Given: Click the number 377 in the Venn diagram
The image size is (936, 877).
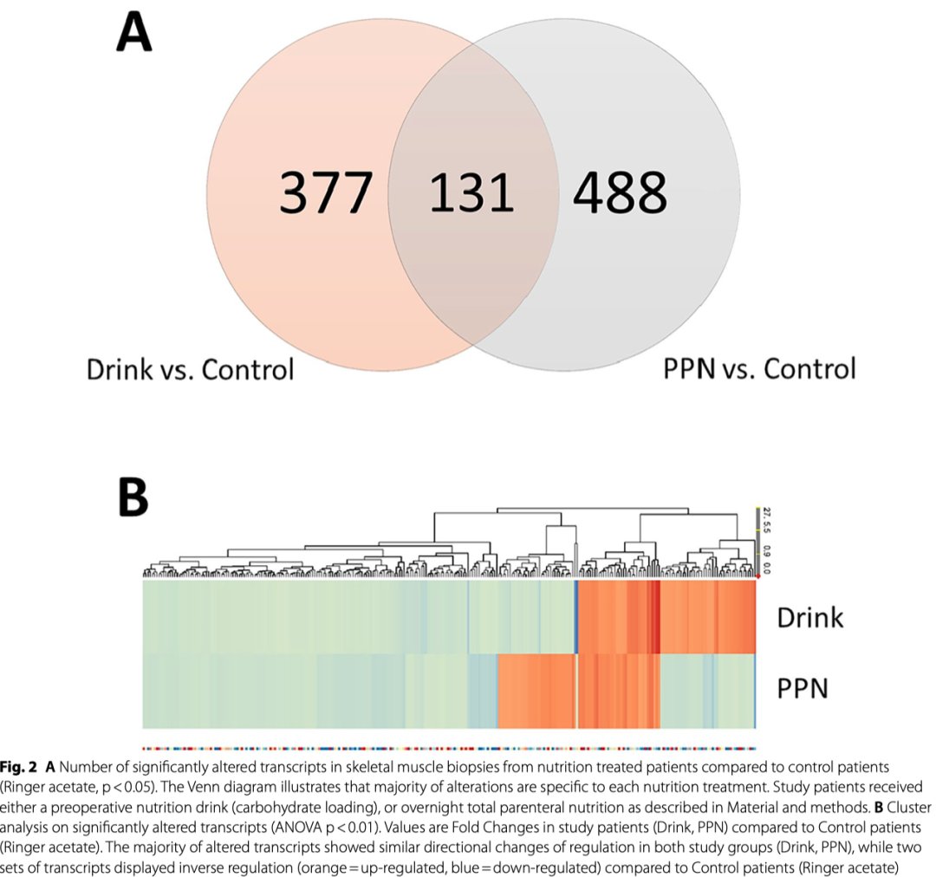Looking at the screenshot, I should [x=326, y=192].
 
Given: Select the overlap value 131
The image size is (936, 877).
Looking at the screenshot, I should [x=472, y=192].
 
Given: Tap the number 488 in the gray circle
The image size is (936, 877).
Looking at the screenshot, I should [x=621, y=192].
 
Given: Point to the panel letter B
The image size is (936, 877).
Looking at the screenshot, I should [x=133, y=495].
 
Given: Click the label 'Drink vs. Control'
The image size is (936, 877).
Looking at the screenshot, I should [x=190, y=369].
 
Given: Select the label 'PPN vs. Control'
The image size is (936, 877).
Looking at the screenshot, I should [x=759, y=369].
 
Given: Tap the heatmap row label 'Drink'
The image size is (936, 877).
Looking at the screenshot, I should [x=809, y=617].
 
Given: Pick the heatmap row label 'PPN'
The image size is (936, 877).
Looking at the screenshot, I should [x=802, y=689].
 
